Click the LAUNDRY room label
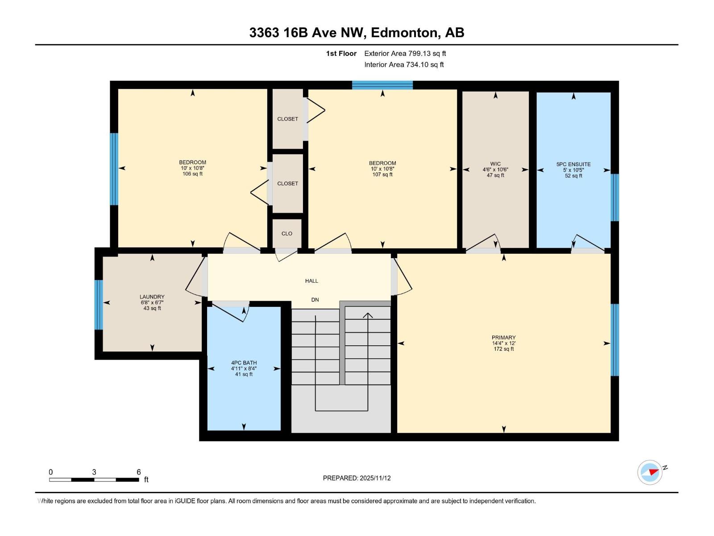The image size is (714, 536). click(x=152, y=297)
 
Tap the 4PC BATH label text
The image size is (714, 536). click(x=244, y=363)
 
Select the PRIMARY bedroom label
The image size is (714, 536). click(x=503, y=338)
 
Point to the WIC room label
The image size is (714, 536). click(x=495, y=164)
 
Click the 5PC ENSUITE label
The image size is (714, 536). click(x=573, y=164)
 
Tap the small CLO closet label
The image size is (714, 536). click(x=287, y=234)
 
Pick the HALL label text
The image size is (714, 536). click(x=311, y=281)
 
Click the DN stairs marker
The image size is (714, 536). click(x=315, y=300)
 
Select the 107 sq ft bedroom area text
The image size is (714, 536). click(x=382, y=175)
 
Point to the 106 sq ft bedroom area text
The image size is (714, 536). click(x=192, y=174)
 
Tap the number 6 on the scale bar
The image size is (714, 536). click(x=139, y=472)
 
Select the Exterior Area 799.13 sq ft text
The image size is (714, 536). click(x=405, y=54)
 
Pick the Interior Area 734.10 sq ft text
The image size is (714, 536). click(x=404, y=65)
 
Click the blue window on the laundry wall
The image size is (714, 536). click(x=99, y=305)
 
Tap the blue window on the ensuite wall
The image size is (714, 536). click(x=614, y=197)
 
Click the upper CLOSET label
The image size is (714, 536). click(x=287, y=119)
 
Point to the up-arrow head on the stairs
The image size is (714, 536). click(x=368, y=315)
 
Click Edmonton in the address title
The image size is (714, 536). click(x=404, y=33)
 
